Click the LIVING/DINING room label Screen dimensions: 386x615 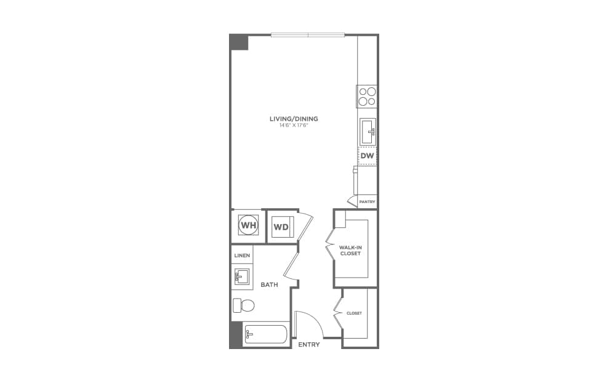tap(294, 119)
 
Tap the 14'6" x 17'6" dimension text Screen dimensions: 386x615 tap(294, 126)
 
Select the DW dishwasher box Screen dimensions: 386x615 tap(368, 156)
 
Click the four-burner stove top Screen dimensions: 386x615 tap(368, 97)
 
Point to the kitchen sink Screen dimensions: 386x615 tap(368, 131)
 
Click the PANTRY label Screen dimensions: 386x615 tap(368, 202)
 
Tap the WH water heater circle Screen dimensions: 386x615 tap(248, 226)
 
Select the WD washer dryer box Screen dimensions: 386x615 tap(281, 227)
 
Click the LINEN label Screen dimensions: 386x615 tap(242, 255)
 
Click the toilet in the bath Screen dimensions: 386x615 tap(244, 305)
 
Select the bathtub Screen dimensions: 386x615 tap(265, 334)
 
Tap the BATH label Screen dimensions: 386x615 tap(269, 285)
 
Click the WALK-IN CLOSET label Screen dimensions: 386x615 tap(350, 251)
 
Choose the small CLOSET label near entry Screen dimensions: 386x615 tap(354, 313)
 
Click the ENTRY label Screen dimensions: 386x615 tap(308, 345)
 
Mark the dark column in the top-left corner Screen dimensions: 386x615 tap(239, 42)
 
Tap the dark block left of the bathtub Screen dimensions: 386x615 tap(236, 334)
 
